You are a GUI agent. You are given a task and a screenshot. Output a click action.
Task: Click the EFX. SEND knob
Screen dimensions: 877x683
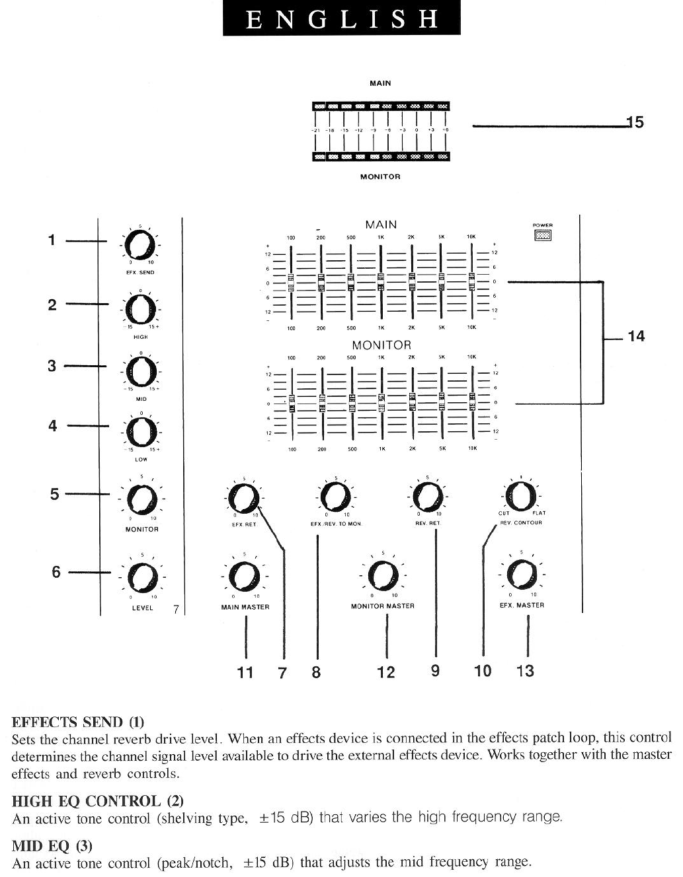pyautogui.click(x=141, y=246)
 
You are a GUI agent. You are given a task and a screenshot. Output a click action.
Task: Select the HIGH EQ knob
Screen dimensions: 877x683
pyautogui.click(x=140, y=308)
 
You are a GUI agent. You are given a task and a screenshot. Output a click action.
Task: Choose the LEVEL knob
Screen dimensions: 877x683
pyautogui.click(x=141, y=579)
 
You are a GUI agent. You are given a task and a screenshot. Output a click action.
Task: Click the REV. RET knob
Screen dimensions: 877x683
pyautogui.click(x=427, y=496)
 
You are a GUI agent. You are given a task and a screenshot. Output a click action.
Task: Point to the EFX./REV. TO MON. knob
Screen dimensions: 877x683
pyautogui.click(x=335, y=496)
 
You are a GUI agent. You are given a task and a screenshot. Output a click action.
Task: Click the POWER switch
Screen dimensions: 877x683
pyautogui.click(x=543, y=235)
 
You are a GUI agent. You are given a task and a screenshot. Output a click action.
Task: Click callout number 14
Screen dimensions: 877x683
pyautogui.click(x=635, y=337)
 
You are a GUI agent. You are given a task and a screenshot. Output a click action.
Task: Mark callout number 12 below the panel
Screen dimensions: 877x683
pyautogui.click(x=385, y=672)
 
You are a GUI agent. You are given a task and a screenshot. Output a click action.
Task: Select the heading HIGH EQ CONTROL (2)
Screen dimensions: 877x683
pyautogui.click(x=98, y=801)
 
